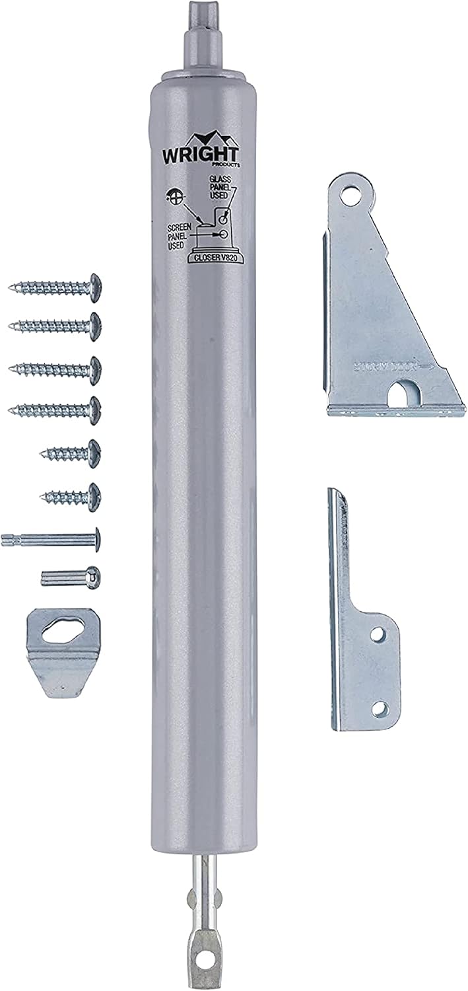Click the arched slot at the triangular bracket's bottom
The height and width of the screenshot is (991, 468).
(x=402, y=395)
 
